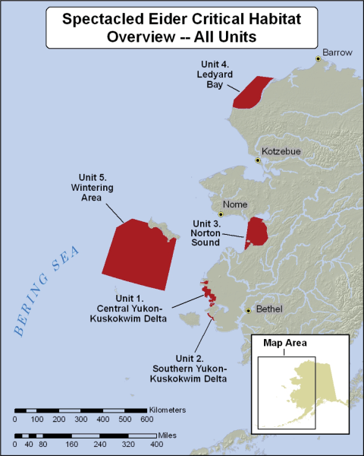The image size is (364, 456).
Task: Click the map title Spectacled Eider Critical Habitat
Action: click(181, 18)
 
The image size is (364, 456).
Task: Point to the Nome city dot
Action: click(222, 214)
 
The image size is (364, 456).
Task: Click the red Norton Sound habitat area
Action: click(256, 231)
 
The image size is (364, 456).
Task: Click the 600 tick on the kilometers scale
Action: click(146, 420)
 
